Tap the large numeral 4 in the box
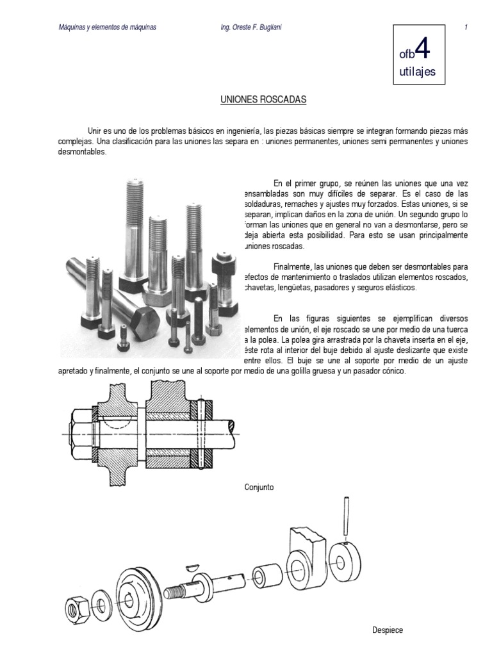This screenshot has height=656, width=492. [x=421, y=49]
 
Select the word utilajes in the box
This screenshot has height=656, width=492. [x=416, y=72]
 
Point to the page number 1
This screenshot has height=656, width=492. [x=466, y=27]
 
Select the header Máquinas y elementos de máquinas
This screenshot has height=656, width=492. [x=108, y=27]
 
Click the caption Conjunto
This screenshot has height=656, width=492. [x=259, y=488]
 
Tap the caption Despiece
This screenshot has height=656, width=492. [x=388, y=630]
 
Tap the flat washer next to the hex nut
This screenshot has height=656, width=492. [x=102, y=603]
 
